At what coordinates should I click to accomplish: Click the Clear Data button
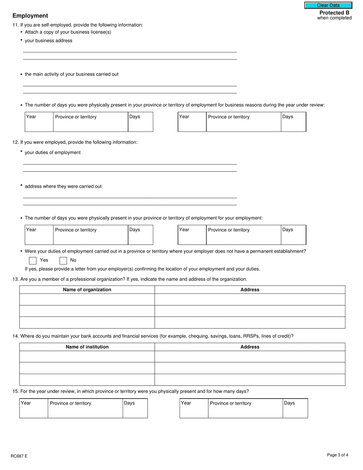(x=328, y=5)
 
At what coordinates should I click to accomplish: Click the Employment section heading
(x=30, y=16)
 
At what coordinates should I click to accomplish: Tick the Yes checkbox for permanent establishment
(x=33, y=261)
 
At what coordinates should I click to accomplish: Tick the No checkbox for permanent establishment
(x=63, y=261)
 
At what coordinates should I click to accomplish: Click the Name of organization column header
(x=87, y=290)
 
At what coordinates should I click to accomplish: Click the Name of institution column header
(x=87, y=347)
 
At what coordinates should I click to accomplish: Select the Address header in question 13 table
(x=250, y=290)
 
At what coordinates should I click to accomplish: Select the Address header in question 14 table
(x=250, y=347)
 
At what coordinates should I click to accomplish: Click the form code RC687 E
(x=19, y=456)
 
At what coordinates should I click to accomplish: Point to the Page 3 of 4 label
(x=337, y=455)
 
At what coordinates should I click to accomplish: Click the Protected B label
(x=334, y=13)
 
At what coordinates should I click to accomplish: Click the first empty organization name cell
(x=87, y=300)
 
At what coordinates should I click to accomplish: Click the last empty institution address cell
(x=250, y=380)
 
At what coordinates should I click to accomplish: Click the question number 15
(x=15, y=391)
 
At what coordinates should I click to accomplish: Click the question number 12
(x=15, y=142)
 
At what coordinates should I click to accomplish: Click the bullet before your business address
(x=21, y=40)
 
